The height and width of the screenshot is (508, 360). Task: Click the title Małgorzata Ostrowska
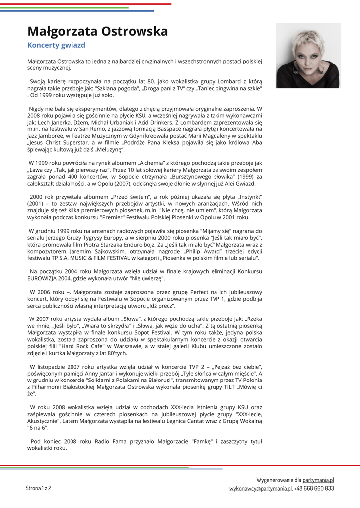pyautogui.click(x=97, y=32)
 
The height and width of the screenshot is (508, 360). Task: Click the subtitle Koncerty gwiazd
pyautogui.click(x=56, y=45)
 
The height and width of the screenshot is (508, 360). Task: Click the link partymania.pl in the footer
pyautogui.click(x=318, y=480)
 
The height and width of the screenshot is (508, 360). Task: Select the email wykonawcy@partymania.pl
pyautogui.click(x=260, y=489)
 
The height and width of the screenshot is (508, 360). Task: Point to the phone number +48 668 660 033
pyautogui.click(x=314, y=489)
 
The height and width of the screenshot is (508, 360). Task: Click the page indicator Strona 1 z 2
pyautogui.click(x=38, y=488)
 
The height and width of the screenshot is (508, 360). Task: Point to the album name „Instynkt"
pyautogui.click(x=246, y=196)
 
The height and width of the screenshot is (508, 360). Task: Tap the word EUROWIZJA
pyautogui.click(x=45, y=279)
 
